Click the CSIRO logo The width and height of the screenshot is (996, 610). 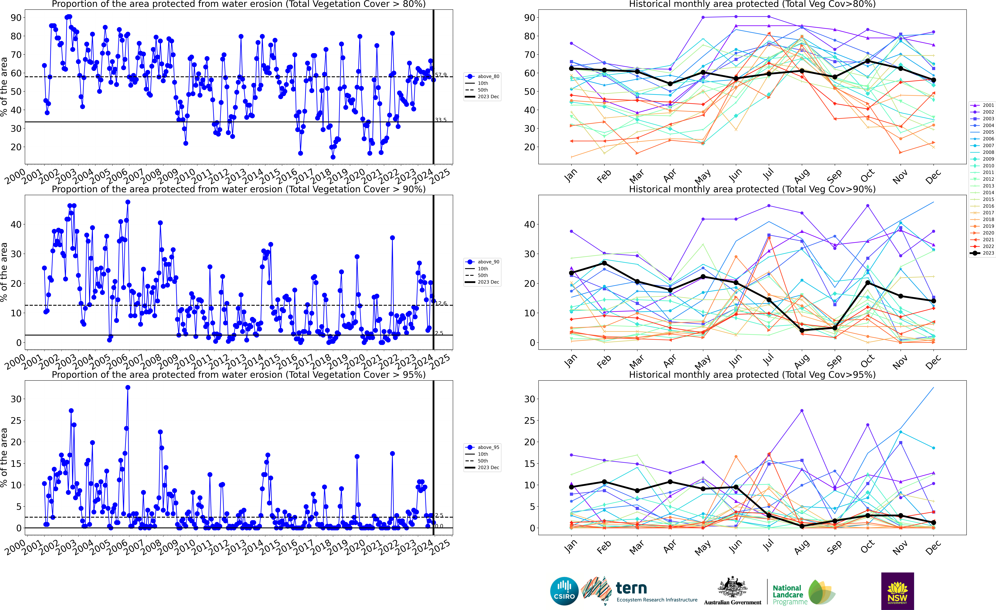(x=564, y=591)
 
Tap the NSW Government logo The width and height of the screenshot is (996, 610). (x=897, y=591)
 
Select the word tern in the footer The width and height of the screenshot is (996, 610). (x=631, y=588)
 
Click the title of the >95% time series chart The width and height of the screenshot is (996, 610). (x=239, y=375)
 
